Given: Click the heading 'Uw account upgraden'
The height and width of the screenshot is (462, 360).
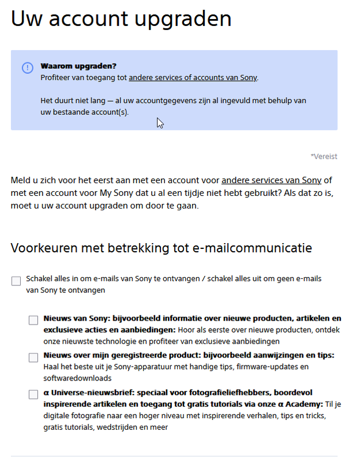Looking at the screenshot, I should pyautogui.click(x=121, y=19).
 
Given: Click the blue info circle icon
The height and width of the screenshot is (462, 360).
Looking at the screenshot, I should pyautogui.click(x=28, y=68).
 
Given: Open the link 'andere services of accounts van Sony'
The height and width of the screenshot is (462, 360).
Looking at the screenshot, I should pyautogui.click(x=193, y=77).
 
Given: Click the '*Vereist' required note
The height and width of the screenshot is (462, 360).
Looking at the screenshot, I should pyautogui.click(x=324, y=157).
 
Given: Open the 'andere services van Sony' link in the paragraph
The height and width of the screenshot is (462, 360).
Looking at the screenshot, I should pyautogui.click(x=271, y=180).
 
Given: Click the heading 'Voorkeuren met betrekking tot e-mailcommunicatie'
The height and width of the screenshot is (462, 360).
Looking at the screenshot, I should pyautogui.click(x=162, y=248).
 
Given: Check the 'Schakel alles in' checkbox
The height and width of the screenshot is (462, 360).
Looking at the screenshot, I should pyautogui.click(x=16, y=281).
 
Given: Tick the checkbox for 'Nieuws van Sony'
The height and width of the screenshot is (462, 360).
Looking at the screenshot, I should pyautogui.click(x=33, y=321).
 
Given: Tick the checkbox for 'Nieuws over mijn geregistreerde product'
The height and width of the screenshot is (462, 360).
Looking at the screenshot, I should pyautogui.click(x=33, y=357).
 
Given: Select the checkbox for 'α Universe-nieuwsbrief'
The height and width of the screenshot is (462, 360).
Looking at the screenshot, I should pyautogui.click(x=33, y=394).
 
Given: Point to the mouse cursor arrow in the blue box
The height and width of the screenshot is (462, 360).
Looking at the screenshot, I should pyautogui.click(x=159, y=122).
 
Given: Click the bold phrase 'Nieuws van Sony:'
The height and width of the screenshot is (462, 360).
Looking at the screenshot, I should pyautogui.click(x=76, y=319).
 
